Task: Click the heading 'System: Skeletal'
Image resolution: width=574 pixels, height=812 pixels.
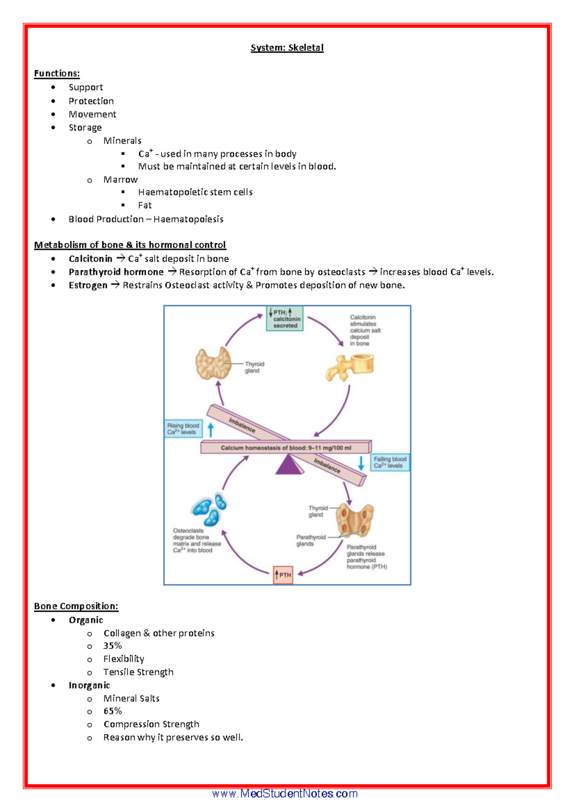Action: coord(287,48)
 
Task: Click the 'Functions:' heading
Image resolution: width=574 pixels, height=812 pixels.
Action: coord(57,74)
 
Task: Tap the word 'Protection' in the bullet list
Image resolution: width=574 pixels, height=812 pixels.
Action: coord(91,101)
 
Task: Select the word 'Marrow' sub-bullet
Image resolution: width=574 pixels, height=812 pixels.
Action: coord(121,180)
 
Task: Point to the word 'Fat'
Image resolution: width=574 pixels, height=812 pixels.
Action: coord(144,206)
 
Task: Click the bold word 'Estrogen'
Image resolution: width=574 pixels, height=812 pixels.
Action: coord(88,285)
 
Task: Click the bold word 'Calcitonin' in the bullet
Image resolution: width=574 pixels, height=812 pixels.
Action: coord(90,259)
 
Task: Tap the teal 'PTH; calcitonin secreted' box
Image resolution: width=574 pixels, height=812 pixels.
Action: coord(285,319)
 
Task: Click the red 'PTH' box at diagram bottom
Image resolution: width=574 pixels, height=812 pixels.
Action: coord(283,575)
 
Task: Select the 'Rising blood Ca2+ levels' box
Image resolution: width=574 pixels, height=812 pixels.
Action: coord(183,428)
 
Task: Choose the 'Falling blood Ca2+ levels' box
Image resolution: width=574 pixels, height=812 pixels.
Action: coord(390,462)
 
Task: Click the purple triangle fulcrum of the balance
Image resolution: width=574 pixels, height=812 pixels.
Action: coord(288,465)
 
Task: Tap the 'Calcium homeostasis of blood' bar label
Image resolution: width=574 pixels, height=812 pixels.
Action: coord(286,448)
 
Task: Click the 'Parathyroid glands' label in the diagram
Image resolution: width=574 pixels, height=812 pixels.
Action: coord(310,540)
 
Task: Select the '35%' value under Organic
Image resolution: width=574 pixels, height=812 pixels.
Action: coord(112,646)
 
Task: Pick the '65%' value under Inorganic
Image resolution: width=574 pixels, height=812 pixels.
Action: coord(112,712)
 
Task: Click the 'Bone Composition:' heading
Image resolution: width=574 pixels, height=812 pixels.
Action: coord(76,606)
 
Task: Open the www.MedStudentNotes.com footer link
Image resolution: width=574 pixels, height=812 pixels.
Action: coord(285,794)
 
